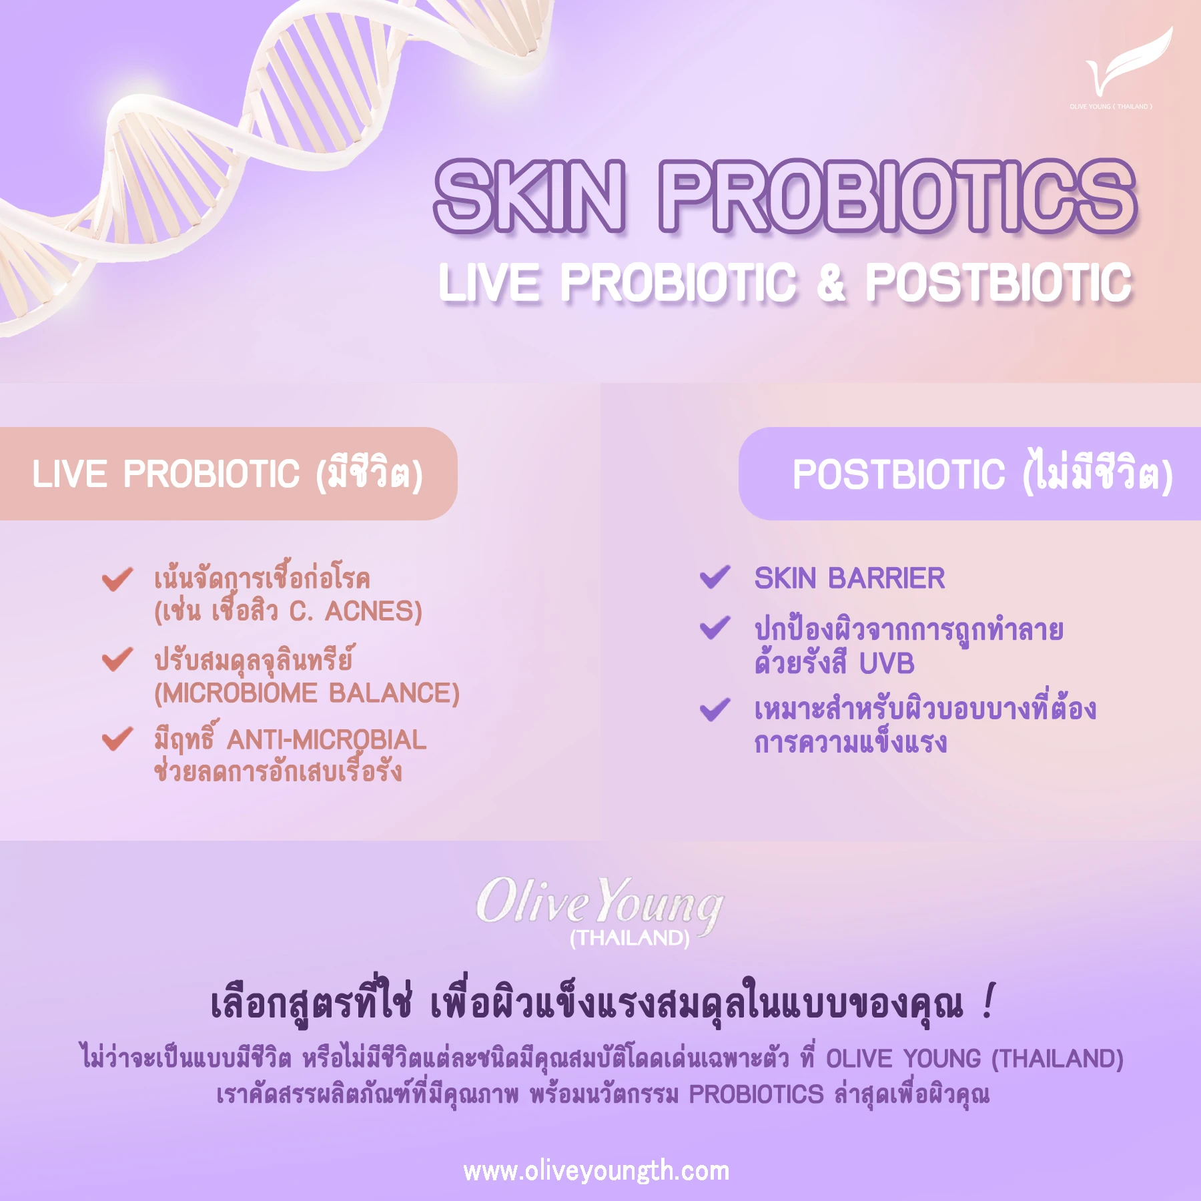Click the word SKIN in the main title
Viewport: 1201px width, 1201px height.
(530, 197)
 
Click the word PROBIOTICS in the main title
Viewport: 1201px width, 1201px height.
(897, 197)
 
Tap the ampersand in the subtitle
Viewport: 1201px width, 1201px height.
(831, 282)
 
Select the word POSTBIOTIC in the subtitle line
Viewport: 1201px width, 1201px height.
(999, 282)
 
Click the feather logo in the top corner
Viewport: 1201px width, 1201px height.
(1128, 63)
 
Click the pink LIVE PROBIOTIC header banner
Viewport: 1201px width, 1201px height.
(227, 474)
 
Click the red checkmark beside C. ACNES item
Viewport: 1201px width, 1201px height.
(117, 578)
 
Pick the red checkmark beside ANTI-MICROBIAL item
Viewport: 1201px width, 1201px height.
(117, 739)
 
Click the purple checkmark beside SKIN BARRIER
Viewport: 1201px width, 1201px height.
(715, 577)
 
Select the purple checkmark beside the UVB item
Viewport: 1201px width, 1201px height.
(715, 628)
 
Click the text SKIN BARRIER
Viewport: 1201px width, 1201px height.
(849, 578)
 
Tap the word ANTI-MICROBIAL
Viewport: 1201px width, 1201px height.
(326, 740)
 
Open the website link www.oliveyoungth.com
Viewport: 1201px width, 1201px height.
(596, 1171)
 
